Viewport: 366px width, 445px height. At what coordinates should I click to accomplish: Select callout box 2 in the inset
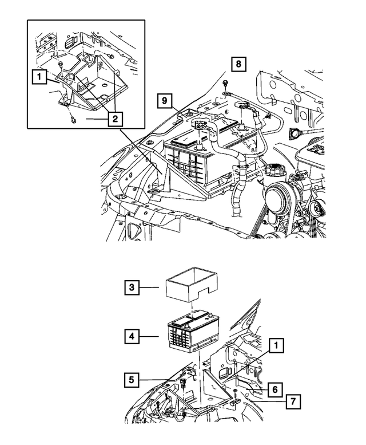(x=115, y=119)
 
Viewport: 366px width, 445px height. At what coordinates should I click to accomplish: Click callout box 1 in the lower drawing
(x=276, y=345)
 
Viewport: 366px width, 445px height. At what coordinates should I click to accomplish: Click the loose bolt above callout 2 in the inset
(x=75, y=120)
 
